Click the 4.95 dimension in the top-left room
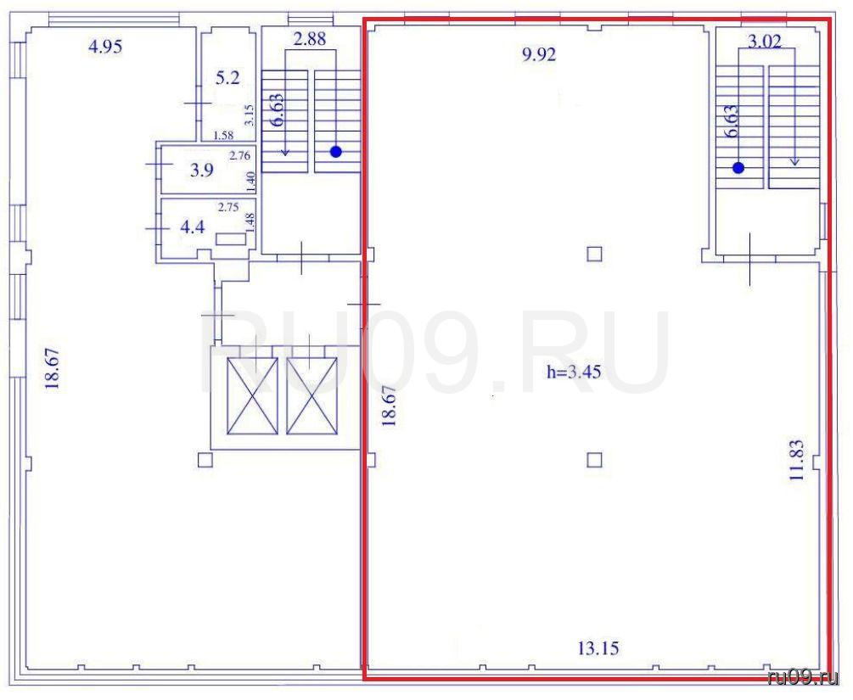(105, 47)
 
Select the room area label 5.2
(227, 78)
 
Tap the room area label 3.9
(201, 171)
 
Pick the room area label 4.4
(193, 227)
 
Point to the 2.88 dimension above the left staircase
(310, 39)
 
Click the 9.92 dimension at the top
(539, 55)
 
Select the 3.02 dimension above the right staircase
(765, 42)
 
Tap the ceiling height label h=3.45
(574, 372)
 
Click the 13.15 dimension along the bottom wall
(598, 648)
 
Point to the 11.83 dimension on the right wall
(796, 460)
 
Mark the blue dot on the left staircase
(336, 152)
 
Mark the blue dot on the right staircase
(738, 168)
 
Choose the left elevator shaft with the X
(252, 395)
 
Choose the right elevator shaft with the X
(311, 395)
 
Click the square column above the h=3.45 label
(595, 254)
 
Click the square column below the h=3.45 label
(595, 460)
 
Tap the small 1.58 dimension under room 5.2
(223, 136)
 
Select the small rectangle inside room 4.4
(231, 238)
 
